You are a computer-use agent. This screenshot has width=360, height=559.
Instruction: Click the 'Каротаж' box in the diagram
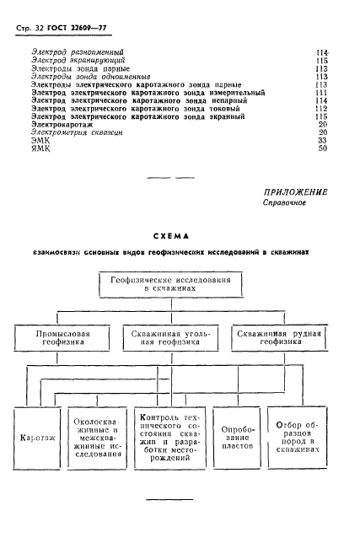[39, 438]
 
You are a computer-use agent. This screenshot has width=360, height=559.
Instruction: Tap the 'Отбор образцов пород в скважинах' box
[293, 438]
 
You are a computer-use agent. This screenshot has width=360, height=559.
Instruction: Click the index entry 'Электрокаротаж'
[61, 124]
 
